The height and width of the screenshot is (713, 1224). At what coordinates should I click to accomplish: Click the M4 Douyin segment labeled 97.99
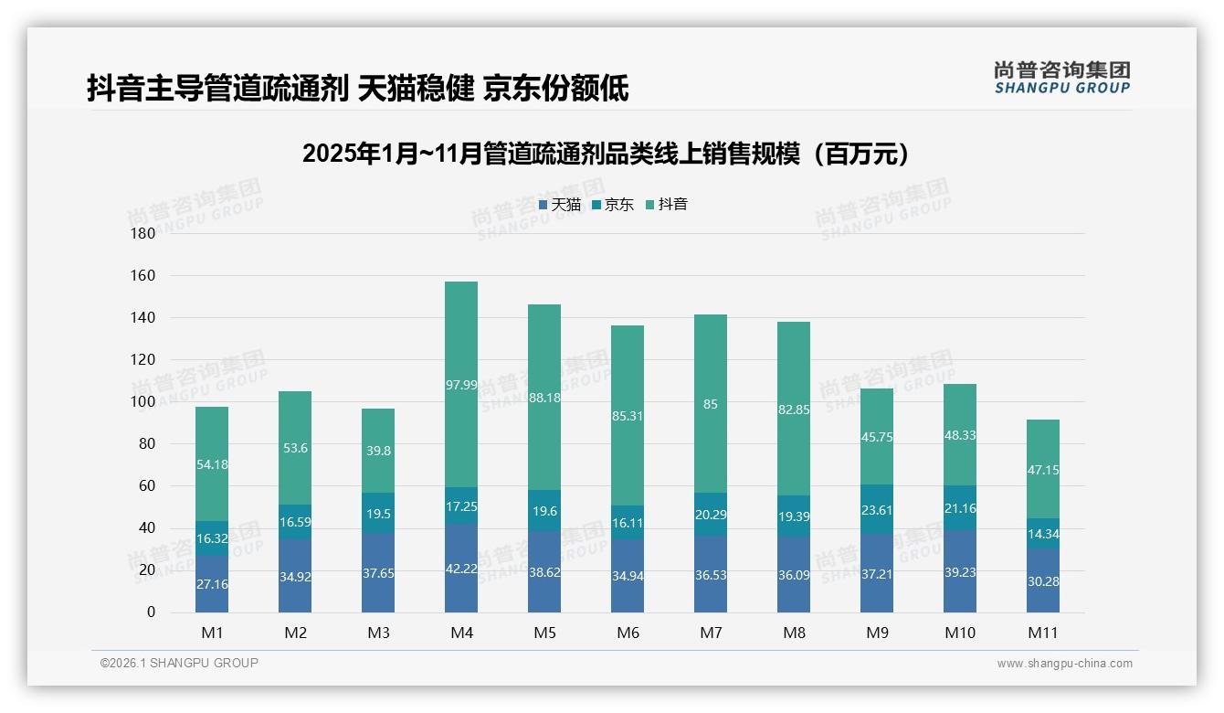(461, 385)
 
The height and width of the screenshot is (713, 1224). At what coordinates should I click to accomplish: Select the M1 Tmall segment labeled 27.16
(212, 583)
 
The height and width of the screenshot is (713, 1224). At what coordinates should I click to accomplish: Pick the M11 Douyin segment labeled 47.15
(1043, 469)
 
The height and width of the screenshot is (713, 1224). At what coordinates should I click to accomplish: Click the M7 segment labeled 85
(711, 404)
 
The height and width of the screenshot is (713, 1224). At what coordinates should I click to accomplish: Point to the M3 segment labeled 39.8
(378, 451)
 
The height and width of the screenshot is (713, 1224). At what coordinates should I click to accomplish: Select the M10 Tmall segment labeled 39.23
(960, 570)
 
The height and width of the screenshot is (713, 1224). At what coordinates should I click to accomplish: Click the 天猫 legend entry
(560, 205)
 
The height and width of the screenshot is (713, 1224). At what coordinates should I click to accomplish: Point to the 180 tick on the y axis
(144, 233)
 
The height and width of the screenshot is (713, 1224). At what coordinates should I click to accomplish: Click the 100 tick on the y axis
(144, 401)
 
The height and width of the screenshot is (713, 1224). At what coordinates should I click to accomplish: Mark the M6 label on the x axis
(628, 633)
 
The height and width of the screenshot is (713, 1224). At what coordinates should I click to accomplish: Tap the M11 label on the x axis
(1043, 633)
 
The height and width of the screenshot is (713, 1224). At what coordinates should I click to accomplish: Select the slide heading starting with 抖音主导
(358, 89)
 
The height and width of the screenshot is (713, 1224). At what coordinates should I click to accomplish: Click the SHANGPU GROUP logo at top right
(1061, 78)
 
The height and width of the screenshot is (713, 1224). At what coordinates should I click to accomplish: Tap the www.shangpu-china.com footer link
(1064, 664)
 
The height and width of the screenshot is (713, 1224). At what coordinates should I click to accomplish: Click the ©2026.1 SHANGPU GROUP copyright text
(179, 663)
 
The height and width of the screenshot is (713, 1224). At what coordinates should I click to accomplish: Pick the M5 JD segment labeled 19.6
(544, 511)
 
